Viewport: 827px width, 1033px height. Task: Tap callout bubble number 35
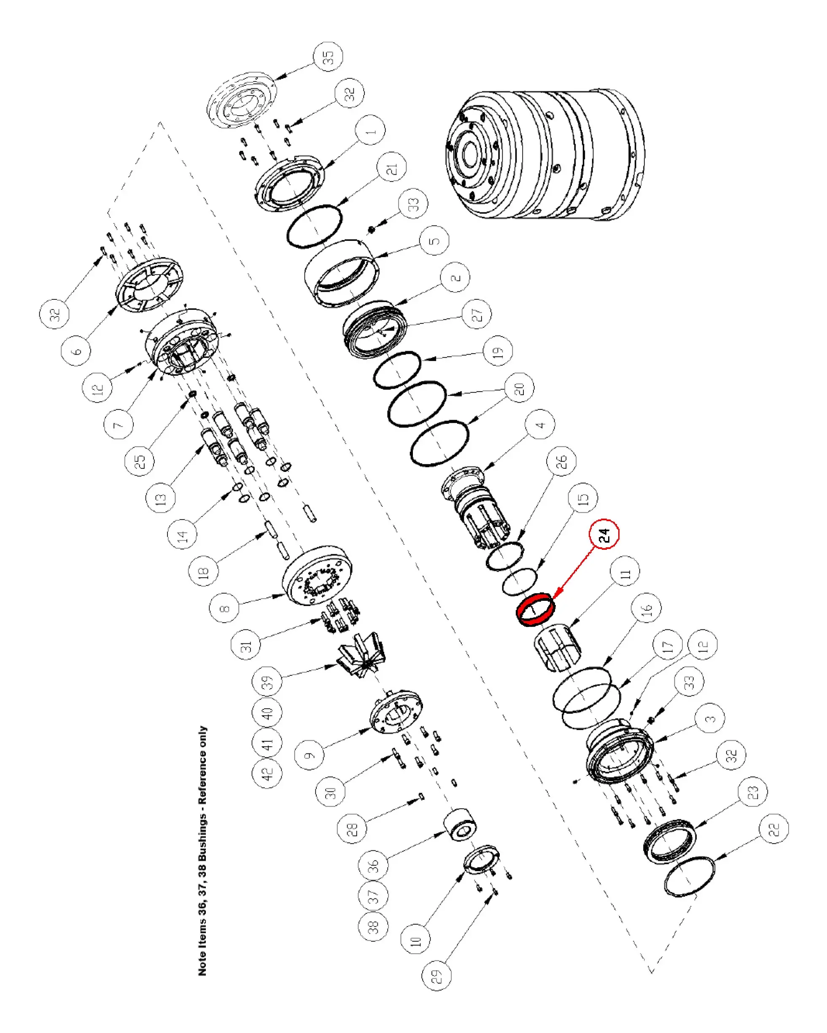328,56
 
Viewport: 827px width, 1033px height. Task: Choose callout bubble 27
476,314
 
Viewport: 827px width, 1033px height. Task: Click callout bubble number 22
774,829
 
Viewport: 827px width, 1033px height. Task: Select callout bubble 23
752,791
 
